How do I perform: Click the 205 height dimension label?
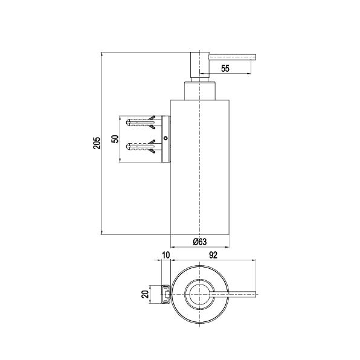(x=97, y=143)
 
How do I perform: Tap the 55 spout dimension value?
(x=225, y=68)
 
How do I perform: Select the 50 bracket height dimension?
(x=115, y=139)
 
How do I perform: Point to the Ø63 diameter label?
(x=200, y=242)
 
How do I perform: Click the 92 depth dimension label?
(x=213, y=255)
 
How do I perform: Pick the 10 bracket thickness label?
(x=166, y=255)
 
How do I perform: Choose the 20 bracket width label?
(x=145, y=294)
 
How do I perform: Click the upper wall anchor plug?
(x=141, y=121)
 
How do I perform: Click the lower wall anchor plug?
(x=141, y=146)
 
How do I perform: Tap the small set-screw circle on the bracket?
(x=166, y=138)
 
